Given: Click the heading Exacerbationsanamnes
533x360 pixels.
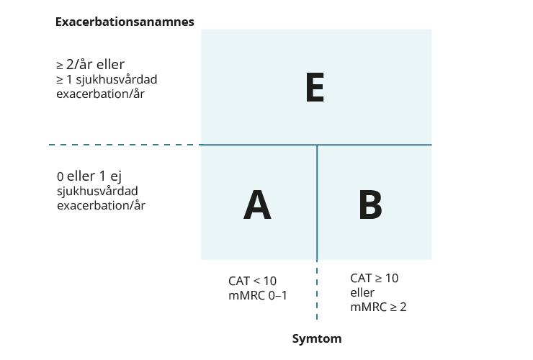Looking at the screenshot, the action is (x=125, y=22).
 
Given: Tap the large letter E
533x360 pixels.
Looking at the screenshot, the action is (x=315, y=87).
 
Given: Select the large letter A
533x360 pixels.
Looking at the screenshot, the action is (x=257, y=204).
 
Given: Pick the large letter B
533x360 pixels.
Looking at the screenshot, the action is (x=370, y=204).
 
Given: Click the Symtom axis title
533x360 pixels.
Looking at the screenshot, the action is (x=317, y=338).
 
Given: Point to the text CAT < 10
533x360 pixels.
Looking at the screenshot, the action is (x=252, y=281).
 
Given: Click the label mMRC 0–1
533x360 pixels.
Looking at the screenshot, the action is (x=258, y=295).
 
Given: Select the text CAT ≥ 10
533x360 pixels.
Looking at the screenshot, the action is (x=375, y=278).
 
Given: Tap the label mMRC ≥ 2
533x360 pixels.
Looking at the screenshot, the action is (x=378, y=307).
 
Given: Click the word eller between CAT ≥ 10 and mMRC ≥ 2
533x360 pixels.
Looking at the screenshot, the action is (x=362, y=292).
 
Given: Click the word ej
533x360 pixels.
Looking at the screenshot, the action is (x=116, y=177).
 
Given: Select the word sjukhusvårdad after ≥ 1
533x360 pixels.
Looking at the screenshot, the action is (x=117, y=79).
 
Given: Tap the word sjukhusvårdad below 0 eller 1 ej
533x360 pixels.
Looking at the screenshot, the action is (x=97, y=191).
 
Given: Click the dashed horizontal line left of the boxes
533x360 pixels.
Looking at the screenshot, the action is (x=125, y=145).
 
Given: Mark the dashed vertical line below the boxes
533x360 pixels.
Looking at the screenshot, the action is (x=317, y=290).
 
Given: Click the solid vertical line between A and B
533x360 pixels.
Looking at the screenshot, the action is (x=317, y=202).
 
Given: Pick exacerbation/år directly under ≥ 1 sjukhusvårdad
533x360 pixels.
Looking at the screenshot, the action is (x=101, y=94).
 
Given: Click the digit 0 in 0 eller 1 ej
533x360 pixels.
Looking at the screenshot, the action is (x=61, y=177).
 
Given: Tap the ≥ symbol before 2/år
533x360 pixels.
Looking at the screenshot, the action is (x=60, y=65).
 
